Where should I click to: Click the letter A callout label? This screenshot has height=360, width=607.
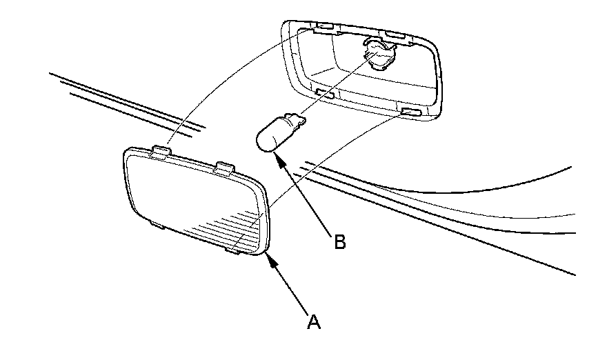[x=315, y=321]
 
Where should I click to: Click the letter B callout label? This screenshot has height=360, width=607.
[x=339, y=243]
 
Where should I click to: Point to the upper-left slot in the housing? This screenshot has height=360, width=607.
[x=324, y=28]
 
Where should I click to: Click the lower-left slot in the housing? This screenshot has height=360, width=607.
[x=324, y=92]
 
